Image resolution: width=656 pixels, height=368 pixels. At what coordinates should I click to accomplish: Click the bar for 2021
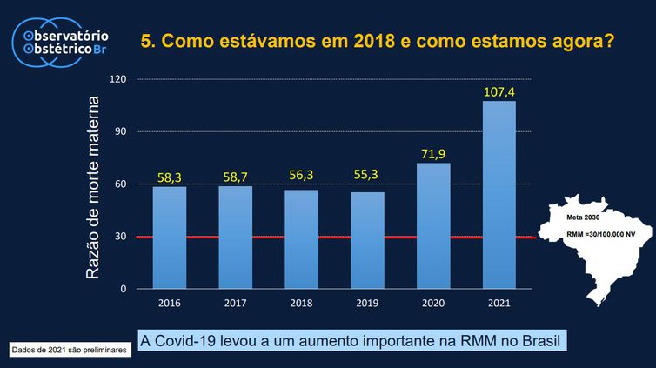pos(499,195)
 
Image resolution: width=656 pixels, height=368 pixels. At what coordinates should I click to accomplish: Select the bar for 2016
pos(170,238)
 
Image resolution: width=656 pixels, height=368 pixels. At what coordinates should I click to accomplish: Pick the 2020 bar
pos(433,225)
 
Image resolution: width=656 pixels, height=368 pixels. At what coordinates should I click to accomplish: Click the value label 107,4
pos(499,91)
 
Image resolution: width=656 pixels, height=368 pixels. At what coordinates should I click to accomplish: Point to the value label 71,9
pos(433,154)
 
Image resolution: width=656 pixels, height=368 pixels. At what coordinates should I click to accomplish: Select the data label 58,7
pos(236,177)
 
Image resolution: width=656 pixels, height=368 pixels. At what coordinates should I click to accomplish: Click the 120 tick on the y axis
pos(118,79)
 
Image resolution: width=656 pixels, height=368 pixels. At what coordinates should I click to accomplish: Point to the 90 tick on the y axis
pos(121,131)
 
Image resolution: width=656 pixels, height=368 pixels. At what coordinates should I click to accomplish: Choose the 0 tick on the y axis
pos(124,289)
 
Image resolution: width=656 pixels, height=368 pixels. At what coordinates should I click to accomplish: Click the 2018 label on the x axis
pos(301,304)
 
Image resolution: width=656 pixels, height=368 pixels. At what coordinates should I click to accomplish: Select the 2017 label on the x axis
pos(236,304)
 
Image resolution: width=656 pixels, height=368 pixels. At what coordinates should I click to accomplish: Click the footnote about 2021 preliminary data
pos(70,350)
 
